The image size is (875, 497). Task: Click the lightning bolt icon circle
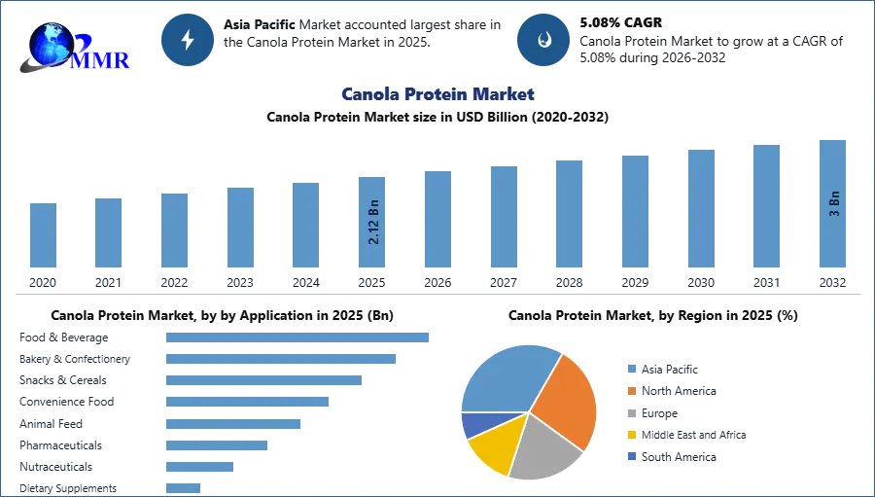click(188, 40)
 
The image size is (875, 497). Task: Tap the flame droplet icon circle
click(543, 40)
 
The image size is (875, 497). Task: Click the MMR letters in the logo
click(101, 60)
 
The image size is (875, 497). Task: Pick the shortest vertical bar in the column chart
click(43, 236)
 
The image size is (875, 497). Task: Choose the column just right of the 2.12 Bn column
click(436, 221)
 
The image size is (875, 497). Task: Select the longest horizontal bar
click(298, 336)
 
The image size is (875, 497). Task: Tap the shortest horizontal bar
click(183, 488)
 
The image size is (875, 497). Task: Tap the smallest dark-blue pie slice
click(472, 424)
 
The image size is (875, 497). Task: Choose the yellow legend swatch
click(631, 436)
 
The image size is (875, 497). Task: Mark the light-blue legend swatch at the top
click(631, 367)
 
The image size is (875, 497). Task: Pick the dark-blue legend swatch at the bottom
click(631, 457)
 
